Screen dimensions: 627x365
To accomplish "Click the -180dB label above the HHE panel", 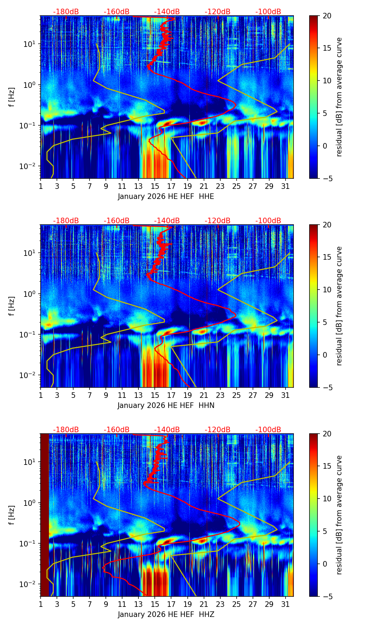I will [66, 12].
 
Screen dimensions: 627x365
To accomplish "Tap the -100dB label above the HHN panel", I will [268, 221].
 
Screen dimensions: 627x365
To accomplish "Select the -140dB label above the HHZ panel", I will [167, 430].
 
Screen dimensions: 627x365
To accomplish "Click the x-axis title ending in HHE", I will [166, 197].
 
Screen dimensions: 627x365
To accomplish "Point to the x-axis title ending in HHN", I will [166, 406].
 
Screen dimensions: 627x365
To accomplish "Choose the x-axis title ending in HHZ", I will [166, 615].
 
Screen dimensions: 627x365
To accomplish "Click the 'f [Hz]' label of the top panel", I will [12, 97].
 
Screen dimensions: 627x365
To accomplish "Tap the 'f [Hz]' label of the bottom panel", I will [12, 515].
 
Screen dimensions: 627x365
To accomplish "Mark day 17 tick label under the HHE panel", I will [171, 186].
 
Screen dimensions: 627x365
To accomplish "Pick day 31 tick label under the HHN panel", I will [285, 395].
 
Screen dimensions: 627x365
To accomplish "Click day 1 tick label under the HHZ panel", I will [41, 604].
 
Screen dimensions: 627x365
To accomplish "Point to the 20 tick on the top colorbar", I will [326, 16].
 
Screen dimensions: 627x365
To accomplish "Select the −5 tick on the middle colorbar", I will [326, 387].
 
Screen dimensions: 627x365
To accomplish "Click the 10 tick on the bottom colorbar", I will [326, 499].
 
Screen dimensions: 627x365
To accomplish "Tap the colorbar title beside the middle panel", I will [339, 306].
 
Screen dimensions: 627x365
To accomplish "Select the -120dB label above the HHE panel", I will [218, 12].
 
